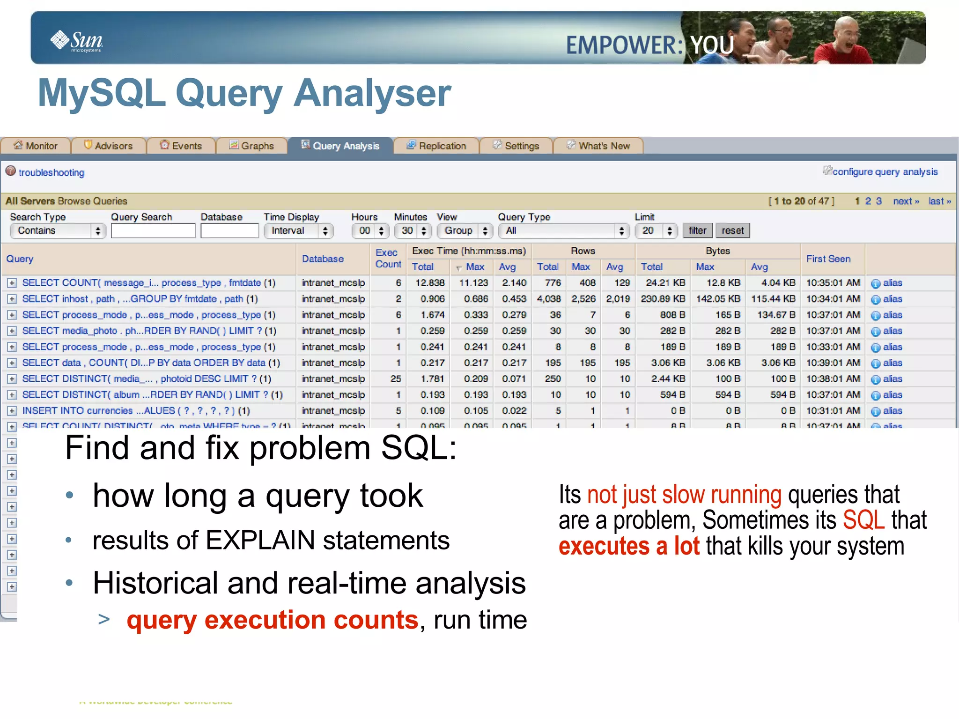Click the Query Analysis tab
click(340, 146)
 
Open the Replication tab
click(436, 146)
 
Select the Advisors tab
click(109, 146)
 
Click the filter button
click(697, 230)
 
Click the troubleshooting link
click(51, 172)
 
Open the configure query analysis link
click(885, 172)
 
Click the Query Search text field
click(153, 230)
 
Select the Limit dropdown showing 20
click(656, 230)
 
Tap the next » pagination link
click(906, 201)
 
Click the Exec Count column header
click(388, 259)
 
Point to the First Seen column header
click(828, 259)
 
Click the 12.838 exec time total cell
click(430, 283)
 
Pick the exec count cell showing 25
click(396, 378)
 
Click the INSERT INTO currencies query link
click(136, 411)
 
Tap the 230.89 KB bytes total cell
click(663, 299)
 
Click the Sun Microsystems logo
click(77, 41)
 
